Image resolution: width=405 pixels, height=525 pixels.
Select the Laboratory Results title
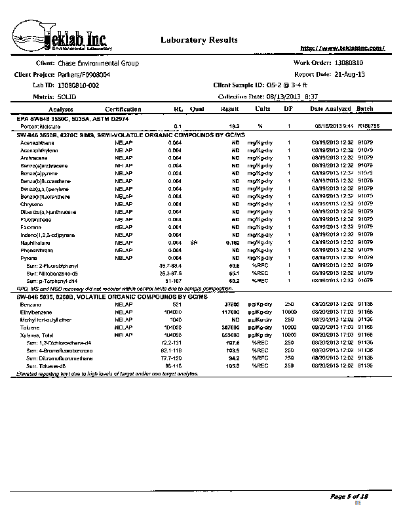coord(195,40)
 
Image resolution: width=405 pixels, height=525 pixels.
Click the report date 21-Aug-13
coord(350,74)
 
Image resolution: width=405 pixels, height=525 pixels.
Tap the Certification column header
coord(123,109)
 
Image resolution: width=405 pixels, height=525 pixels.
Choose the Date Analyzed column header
coord(330,109)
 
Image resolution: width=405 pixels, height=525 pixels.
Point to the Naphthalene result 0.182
coord(231,243)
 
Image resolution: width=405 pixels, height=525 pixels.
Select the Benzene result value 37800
coord(230,305)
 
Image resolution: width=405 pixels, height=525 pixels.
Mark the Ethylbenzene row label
coord(35,312)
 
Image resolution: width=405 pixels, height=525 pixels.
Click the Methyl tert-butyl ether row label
coord(45,319)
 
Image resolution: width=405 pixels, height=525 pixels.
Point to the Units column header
coord(263,109)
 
